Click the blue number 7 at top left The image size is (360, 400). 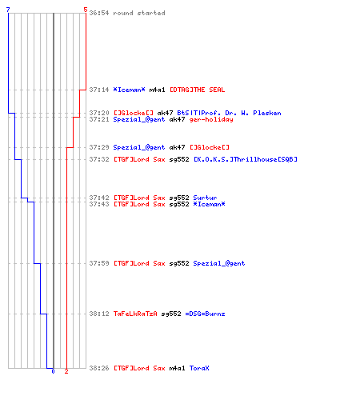pyautogui.click(x=8, y=10)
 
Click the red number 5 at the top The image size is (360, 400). pyautogui.click(x=85, y=10)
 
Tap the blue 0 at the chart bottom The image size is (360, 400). pyautogui.click(x=53, y=371)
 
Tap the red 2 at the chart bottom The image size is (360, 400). pyautogui.click(x=66, y=371)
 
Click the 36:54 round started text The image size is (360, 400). pyautogui.click(x=127, y=13)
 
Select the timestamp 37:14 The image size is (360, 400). pyautogui.click(x=99, y=90)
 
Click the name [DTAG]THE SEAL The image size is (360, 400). pyautogui.click(x=198, y=90)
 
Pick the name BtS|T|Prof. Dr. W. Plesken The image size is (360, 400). pyautogui.click(x=229, y=113)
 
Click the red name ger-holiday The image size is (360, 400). pyautogui.click(x=211, y=120)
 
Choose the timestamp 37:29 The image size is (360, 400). pyautogui.click(x=99, y=147)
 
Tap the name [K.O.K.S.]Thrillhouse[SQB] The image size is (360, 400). pyautogui.click(x=246, y=159)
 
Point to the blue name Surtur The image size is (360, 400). pyautogui.click(x=205, y=198)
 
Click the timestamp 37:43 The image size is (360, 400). pyautogui.click(x=99, y=205)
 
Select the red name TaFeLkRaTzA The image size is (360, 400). pyautogui.click(x=135, y=314)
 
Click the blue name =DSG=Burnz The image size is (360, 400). pyautogui.click(x=205, y=314)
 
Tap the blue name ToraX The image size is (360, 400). pyautogui.click(x=199, y=368)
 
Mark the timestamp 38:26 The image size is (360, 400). pyautogui.click(x=99, y=368)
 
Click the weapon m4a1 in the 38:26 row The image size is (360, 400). pyautogui.click(x=177, y=368)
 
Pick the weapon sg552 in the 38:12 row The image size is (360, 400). pyautogui.click(x=171, y=314)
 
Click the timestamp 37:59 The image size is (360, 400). pyautogui.click(x=99, y=263)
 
